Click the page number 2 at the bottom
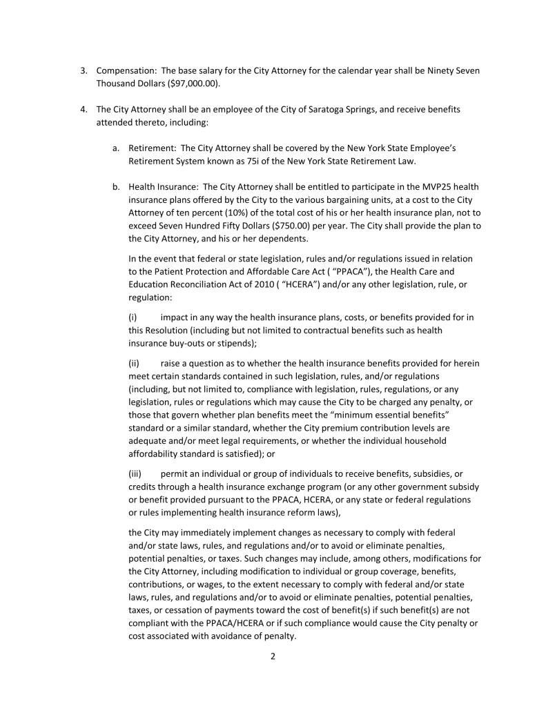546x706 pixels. tap(273, 656)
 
